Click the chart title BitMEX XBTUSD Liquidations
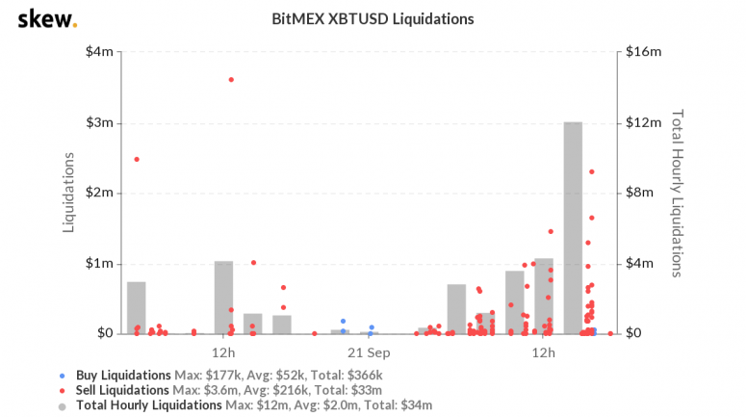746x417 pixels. click(x=373, y=18)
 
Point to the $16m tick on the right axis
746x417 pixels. click(x=644, y=52)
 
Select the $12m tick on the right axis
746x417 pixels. click(x=644, y=123)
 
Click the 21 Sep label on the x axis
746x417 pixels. click(x=369, y=352)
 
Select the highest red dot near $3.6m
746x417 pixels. click(x=231, y=79)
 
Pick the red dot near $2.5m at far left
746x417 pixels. click(x=137, y=159)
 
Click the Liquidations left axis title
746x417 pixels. click(x=68, y=192)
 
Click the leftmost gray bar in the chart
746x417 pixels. click(x=137, y=307)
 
